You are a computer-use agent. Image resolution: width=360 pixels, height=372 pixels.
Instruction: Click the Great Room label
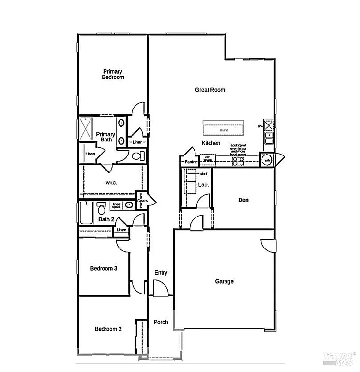210,90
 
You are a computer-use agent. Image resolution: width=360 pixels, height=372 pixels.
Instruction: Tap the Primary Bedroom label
113,74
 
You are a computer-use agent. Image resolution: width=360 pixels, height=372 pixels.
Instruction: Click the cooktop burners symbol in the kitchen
238,161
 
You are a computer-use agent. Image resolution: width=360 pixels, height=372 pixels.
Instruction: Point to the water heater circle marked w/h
267,160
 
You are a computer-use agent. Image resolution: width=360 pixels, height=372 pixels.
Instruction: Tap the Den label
243,200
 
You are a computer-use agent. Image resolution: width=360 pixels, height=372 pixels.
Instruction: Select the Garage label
224,281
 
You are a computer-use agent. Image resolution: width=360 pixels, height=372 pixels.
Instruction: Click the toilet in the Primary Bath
138,156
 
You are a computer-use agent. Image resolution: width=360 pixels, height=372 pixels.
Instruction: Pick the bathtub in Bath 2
86,213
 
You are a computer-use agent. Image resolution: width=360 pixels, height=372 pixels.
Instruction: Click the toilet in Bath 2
102,209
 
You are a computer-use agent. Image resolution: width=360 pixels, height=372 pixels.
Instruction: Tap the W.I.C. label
111,183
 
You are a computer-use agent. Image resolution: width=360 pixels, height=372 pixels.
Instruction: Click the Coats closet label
142,201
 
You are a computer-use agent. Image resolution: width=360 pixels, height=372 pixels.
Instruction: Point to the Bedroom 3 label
104,268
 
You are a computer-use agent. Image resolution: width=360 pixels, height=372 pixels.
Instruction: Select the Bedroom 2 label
108,329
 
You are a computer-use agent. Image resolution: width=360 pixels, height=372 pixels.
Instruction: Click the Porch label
161,322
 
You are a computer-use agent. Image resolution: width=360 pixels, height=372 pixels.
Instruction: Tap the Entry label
161,273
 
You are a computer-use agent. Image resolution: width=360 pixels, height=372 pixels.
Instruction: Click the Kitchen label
211,143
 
